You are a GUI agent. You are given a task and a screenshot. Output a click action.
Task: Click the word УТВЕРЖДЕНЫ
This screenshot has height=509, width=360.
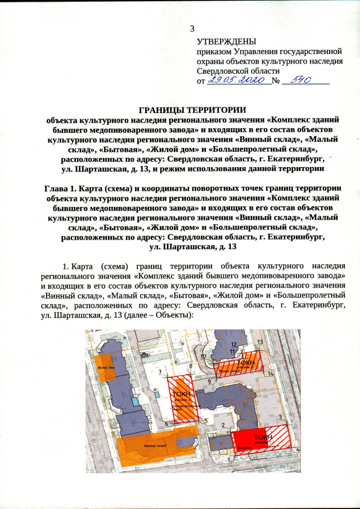click(226, 42)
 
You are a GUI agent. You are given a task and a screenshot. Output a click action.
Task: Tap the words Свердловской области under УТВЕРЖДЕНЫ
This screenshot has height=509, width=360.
click(238, 71)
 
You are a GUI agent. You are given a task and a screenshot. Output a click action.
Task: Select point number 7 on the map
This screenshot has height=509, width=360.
click(160, 372)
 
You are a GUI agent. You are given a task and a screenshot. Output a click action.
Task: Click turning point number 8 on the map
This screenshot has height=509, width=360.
click(191, 366)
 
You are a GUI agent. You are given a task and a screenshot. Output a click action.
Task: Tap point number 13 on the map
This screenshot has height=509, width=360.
click(259, 341)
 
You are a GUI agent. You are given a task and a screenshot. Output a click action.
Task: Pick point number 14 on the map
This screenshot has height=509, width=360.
click(271, 373)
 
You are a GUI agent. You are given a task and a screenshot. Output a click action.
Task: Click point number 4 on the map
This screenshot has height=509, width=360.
click(298, 450)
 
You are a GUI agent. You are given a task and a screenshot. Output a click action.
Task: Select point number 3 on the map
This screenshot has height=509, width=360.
click(280, 417)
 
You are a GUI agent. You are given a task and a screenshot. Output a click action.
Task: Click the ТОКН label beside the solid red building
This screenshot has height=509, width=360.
click(263, 437)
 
